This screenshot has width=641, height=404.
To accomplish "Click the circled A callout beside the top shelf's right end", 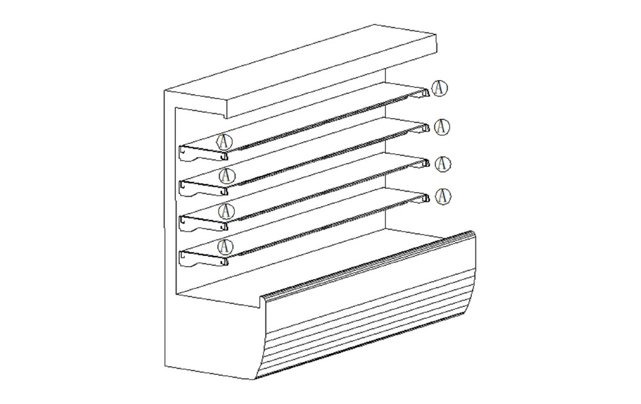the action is pyautogui.click(x=440, y=88).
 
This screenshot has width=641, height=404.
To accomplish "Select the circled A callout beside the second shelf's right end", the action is pyautogui.click(x=441, y=127).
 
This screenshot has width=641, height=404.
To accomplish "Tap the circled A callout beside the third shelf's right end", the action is pyautogui.click(x=443, y=164).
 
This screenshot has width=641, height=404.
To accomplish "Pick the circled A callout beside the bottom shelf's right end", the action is pyautogui.click(x=443, y=196).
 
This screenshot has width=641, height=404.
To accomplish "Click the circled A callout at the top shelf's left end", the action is pyautogui.click(x=225, y=141).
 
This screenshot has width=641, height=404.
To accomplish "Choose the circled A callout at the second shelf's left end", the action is pyautogui.click(x=227, y=176).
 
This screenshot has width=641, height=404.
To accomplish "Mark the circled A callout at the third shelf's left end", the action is pyautogui.click(x=226, y=211).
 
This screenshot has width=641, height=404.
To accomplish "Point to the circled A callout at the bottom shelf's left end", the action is pyautogui.click(x=225, y=246).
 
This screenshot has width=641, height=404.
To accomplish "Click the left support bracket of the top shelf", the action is pyautogui.click(x=203, y=154).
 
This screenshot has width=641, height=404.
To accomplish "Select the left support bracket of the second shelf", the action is pyautogui.click(x=203, y=189).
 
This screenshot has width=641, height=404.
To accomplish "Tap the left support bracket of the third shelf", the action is pyautogui.click(x=203, y=224).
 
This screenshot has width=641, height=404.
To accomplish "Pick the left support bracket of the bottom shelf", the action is pyautogui.click(x=203, y=259).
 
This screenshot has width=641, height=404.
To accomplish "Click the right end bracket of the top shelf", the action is pyautogui.click(x=423, y=94).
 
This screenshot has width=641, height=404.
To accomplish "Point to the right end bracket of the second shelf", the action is pyautogui.click(x=423, y=128).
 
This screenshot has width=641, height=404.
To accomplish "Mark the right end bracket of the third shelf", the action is pyautogui.click(x=423, y=164).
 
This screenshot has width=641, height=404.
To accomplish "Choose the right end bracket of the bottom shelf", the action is pyautogui.click(x=423, y=198).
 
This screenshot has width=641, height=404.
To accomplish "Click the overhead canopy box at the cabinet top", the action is pyautogui.click(x=300, y=71).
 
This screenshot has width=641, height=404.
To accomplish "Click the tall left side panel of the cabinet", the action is pyautogui.click(x=169, y=229).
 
